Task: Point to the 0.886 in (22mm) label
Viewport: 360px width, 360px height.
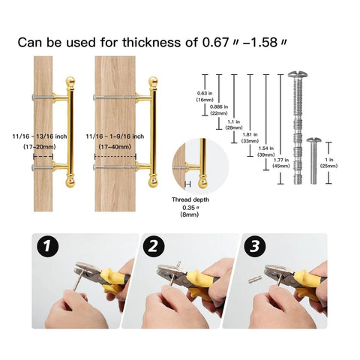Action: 220,109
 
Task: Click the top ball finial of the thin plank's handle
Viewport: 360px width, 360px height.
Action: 72,80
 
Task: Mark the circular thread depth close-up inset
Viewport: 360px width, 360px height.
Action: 190,163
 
